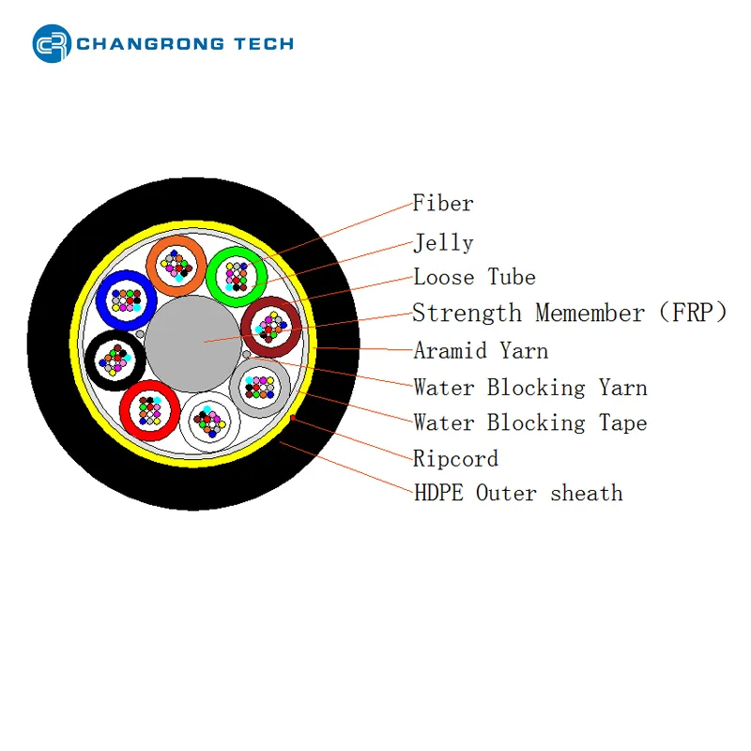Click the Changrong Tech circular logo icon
[52, 43]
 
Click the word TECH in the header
[264, 44]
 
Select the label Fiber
[443, 203]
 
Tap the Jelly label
[443, 243]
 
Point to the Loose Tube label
[474, 277]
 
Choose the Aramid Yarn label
[481, 350]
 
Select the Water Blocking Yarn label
[530, 387]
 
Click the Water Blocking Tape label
[530, 422]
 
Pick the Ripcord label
[455, 458]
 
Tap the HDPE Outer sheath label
[518, 493]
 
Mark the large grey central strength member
[193, 344]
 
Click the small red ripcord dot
[293, 418]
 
